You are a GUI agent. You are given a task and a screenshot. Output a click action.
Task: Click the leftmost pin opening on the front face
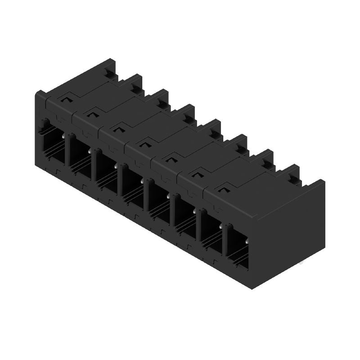[x=54, y=144]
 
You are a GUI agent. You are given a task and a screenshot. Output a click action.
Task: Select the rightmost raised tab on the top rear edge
[x=290, y=175]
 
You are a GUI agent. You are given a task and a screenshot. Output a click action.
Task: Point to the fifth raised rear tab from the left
[x=211, y=130]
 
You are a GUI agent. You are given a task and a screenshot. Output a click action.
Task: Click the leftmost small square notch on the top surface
[x=67, y=96]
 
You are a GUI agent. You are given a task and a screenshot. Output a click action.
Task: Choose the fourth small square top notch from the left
[x=144, y=144]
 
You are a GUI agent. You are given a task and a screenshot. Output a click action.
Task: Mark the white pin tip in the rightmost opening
[x=247, y=242]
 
